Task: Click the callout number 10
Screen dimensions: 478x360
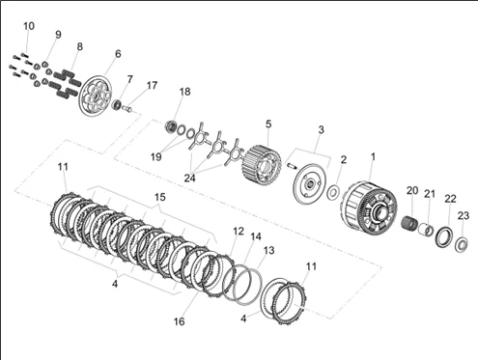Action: point(29,26)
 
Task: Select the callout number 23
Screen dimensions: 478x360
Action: point(464,215)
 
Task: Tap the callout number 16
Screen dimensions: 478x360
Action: point(180,321)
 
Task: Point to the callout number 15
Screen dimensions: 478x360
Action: point(160,197)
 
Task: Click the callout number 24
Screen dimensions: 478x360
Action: point(189,178)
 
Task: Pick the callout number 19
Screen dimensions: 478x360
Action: point(156,157)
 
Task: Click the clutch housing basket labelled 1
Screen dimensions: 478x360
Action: point(369,209)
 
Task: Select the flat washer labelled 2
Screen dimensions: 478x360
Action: point(333,192)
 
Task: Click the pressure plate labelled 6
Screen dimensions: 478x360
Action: point(96,96)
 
